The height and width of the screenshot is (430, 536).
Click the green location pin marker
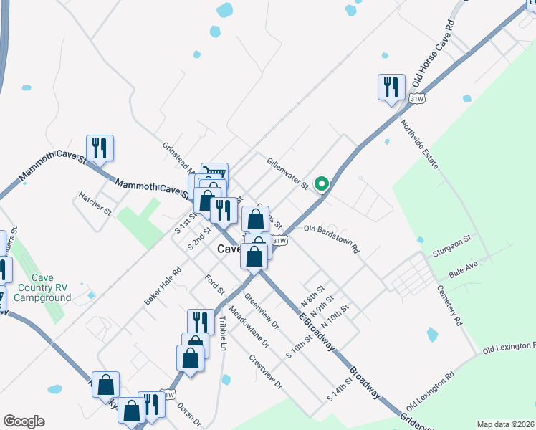(322, 184)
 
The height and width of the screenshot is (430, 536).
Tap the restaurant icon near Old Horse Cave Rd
(391, 87)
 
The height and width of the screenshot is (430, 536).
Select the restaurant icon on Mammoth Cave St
(100, 148)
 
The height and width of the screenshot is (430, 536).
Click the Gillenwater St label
(287, 174)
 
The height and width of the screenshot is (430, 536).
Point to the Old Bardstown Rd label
(331, 239)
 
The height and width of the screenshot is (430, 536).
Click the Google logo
(24, 421)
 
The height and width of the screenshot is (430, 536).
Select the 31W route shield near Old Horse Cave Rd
(417, 98)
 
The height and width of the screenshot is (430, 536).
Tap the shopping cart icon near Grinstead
(214, 172)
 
